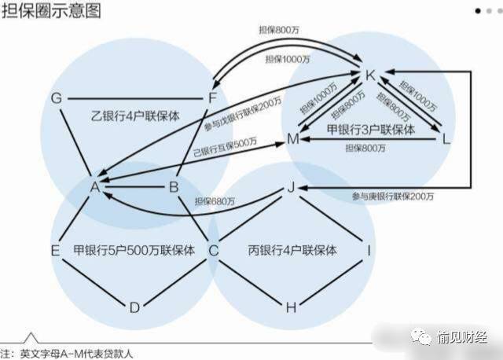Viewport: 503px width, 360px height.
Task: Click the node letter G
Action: point(56,99)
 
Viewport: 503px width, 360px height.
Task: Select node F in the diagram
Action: point(211,99)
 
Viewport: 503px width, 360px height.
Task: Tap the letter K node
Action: point(371,75)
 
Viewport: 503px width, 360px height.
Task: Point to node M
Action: point(293,139)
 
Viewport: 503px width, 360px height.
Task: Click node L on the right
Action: point(447,139)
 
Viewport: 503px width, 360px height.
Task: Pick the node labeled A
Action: point(94,187)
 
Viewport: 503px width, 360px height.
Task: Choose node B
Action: point(174,187)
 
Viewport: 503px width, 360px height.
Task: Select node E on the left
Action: point(56,251)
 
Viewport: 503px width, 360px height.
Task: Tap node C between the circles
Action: point(213,251)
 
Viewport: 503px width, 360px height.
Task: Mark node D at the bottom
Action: point(134,307)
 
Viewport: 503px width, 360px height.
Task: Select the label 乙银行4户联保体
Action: point(134,116)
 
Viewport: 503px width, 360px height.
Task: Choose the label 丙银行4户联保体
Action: point(293,251)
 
